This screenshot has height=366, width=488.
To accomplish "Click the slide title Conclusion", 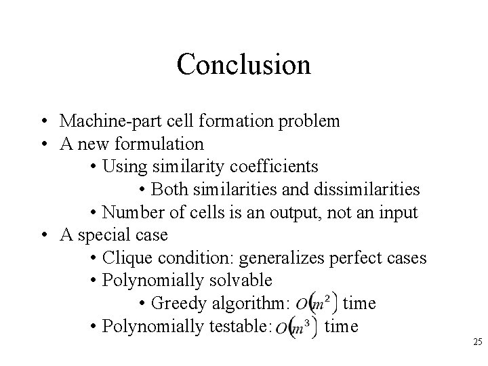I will tap(243, 64).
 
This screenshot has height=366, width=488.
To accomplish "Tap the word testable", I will tap(237, 326).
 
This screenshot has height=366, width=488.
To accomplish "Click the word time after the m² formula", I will tap(360, 304).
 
